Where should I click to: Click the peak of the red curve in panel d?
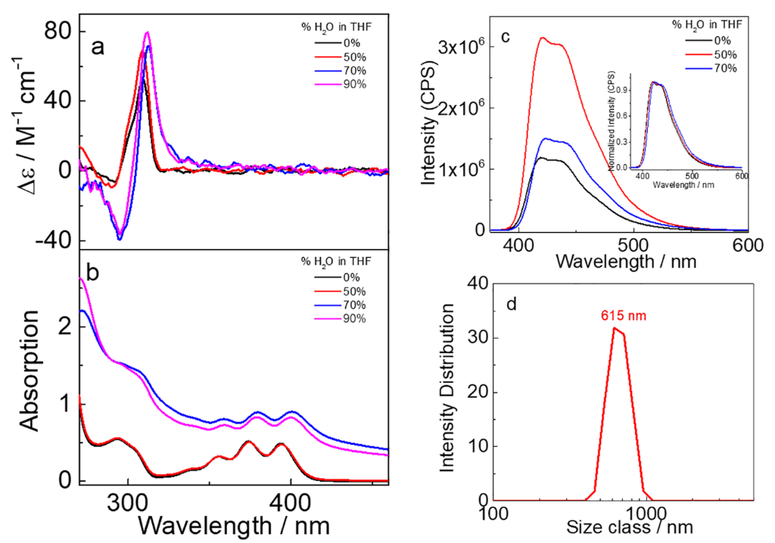615,327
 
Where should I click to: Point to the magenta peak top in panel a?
147,33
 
